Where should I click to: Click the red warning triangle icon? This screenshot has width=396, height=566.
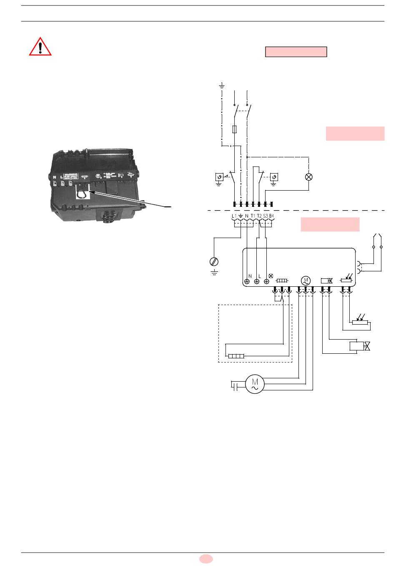(x=40, y=47)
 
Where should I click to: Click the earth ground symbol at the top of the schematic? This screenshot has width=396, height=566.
(x=222, y=86)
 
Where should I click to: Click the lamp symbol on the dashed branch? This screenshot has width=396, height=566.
(x=309, y=177)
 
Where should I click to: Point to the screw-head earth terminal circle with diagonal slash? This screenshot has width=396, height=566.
(x=214, y=262)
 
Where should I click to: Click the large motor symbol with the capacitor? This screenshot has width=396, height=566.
(x=253, y=384)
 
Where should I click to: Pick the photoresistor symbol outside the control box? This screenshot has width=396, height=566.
(x=360, y=321)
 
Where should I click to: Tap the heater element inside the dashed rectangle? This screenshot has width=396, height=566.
(x=236, y=356)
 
